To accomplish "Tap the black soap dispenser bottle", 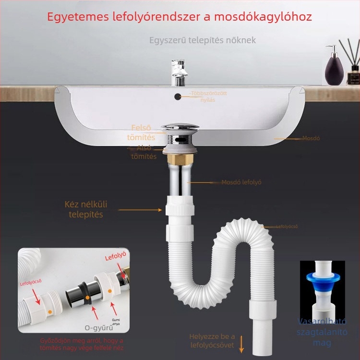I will click(332, 67).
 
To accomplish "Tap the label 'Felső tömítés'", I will click(141, 132).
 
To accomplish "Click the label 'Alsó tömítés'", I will click(144, 152).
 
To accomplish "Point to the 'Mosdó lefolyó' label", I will click(241, 182).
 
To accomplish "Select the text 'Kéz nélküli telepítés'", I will click(86, 209).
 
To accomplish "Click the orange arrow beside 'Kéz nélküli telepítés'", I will click(140, 210).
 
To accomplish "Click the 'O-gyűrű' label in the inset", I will click(98, 328).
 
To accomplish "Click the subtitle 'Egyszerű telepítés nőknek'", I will click(202, 40).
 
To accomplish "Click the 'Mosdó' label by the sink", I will click(311, 138).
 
